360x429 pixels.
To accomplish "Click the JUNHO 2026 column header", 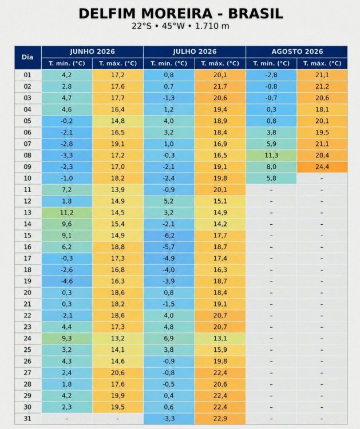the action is coord(92,51).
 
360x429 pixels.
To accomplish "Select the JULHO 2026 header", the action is coord(195,51).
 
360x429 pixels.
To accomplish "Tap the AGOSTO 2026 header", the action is coord(297,51).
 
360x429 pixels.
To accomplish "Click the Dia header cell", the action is coord(27,57).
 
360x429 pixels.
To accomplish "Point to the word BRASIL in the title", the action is coord(255,14).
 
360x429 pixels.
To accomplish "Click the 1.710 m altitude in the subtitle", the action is coord(212,26).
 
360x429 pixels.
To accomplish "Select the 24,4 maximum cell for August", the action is coord(322,166).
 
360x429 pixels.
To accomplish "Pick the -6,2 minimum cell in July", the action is coord(169,235).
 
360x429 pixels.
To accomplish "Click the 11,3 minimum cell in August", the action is coord(271,155).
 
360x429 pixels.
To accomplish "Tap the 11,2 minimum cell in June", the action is coord(67,212).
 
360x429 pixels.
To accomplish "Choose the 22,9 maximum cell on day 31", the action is coord(220,418).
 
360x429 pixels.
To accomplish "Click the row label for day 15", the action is coord(27,235).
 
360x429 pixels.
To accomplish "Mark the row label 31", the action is coord(27,418).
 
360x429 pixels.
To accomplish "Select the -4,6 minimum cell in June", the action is coord(67,281).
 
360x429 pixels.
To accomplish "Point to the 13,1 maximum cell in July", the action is coord(220,338).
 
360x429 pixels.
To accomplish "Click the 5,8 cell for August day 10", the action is coord(271,178).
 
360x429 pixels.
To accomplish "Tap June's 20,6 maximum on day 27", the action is coord(118,372).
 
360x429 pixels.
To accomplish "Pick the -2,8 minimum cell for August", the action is coord(271,75).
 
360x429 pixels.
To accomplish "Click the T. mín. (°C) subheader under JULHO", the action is coord(169,63).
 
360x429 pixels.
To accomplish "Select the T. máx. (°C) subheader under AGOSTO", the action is coord(322,63).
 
